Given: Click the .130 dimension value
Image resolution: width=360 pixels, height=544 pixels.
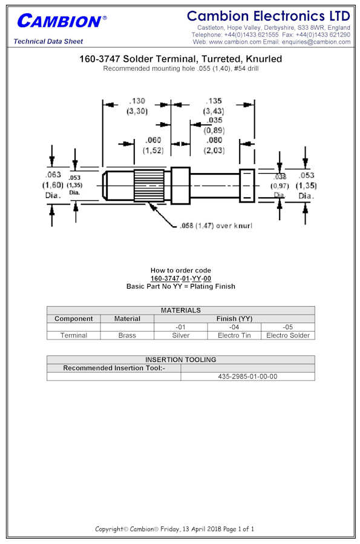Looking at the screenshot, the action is click(137, 101).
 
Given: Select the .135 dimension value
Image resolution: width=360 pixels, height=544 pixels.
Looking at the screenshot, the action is click(214, 101).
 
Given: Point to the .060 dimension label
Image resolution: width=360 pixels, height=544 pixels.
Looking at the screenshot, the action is click(153, 140).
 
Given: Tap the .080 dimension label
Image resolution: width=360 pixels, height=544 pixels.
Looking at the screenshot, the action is click(214, 140).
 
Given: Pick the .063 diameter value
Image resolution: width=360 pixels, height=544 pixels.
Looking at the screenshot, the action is click(53, 174).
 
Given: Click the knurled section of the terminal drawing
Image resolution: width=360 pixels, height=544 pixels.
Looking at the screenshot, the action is click(149, 185).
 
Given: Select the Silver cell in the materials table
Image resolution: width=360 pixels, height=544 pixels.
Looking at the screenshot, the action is click(181, 335).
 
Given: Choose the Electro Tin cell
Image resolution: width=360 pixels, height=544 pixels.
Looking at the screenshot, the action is click(234, 335).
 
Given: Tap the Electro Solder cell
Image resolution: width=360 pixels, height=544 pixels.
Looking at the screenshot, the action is click(288, 335).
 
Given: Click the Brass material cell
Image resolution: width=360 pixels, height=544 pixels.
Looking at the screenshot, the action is click(127, 335).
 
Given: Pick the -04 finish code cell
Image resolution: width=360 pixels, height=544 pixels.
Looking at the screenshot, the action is click(234, 327).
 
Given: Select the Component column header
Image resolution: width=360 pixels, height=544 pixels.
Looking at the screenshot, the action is click(74, 318).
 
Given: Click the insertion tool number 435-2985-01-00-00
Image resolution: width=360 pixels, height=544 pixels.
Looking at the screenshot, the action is click(247, 376).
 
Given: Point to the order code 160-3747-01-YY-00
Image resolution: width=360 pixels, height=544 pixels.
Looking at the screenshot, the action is click(181, 278).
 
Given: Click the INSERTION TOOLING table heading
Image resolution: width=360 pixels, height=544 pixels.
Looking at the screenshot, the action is click(181, 359).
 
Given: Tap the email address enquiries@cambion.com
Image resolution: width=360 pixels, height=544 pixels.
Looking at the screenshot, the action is click(316, 42).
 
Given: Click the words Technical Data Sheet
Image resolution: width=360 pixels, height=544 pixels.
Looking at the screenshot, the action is click(48, 41).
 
